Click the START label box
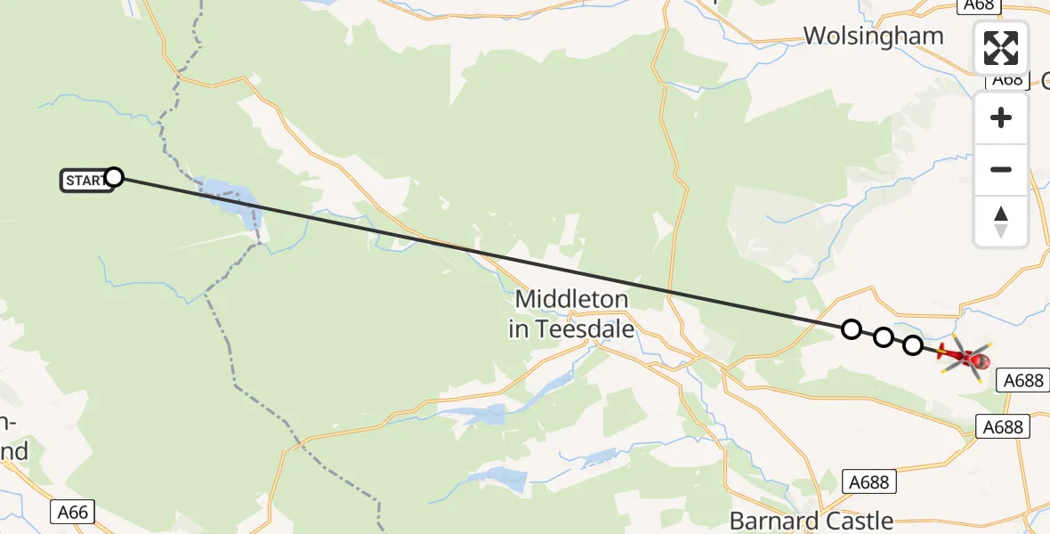(85, 181)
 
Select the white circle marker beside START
(114, 177)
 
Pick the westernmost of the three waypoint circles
(852, 329)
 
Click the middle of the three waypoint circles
(883, 337)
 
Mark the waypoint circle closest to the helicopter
(913, 345)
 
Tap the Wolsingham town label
(873, 36)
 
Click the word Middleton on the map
(571, 299)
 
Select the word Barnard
(769, 520)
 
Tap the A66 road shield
(73, 512)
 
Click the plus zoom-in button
(1001, 117)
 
